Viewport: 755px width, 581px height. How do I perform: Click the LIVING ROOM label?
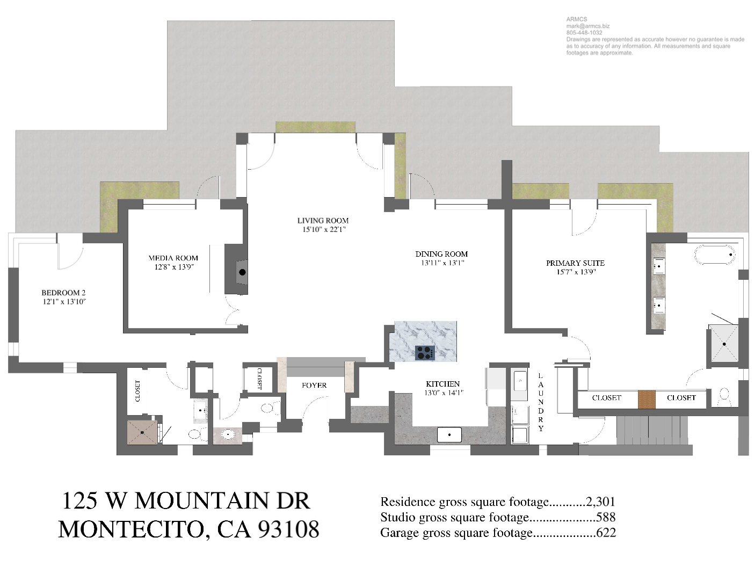323,220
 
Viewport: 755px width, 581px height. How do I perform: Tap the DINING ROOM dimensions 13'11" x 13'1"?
442,263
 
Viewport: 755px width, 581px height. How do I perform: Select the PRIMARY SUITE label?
575,263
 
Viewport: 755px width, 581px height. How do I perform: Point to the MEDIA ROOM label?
173,258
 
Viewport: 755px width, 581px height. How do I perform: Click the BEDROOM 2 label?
63,293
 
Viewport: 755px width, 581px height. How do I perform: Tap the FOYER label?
314,385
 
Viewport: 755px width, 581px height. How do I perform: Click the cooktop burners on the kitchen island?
425,352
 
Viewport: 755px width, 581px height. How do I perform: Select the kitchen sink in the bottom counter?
449,434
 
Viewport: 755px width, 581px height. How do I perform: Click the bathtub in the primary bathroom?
715,255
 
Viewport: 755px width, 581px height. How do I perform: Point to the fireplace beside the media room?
242,272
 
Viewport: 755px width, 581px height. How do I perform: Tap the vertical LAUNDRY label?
541,402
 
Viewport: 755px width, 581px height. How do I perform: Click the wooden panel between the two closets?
647,399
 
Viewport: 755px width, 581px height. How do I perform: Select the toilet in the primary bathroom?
724,396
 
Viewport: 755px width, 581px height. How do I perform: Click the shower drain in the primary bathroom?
724,344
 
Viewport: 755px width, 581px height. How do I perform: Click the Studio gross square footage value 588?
606,517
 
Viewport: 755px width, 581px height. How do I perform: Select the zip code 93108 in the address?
288,529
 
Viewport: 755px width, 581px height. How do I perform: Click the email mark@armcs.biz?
587,26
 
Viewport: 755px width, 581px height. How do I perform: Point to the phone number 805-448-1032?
584,32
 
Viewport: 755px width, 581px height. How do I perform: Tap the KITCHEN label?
442,383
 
